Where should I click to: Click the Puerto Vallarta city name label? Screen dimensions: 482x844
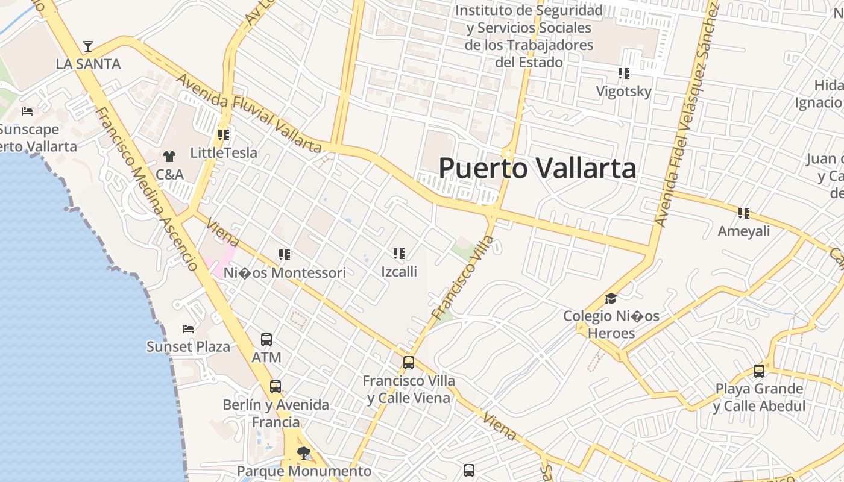pyautogui.click(x=537, y=168)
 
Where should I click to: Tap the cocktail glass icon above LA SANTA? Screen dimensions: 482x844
pyautogui.click(x=88, y=46)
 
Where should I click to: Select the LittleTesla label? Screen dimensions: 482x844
pyautogui.click(x=224, y=152)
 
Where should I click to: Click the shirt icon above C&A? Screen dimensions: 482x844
pyautogui.click(x=169, y=157)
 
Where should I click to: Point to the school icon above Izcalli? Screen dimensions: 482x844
pyautogui.click(x=398, y=254)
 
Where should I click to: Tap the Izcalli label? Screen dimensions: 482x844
pyautogui.click(x=399, y=271)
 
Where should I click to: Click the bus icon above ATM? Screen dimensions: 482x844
pyautogui.click(x=266, y=340)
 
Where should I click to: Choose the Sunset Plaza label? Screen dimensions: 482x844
pyautogui.click(x=188, y=346)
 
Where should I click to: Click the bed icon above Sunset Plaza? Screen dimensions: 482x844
pyautogui.click(x=188, y=329)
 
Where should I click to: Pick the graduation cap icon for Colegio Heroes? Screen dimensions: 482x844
pyautogui.click(x=611, y=299)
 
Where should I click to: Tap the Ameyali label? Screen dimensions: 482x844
pyautogui.click(x=743, y=231)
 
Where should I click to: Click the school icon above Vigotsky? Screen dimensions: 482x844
pyautogui.click(x=623, y=74)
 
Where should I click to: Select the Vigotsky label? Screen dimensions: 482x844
pyautogui.click(x=623, y=92)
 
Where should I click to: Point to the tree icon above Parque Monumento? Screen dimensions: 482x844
pyautogui.click(x=304, y=452)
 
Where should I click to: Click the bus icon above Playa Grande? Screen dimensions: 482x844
pyautogui.click(x=759, y=371)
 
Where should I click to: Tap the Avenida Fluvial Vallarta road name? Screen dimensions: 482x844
pyautogui.click(x=248, y=113)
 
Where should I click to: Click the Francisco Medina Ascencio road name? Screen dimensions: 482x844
pyautogui.click(x=146, y=189)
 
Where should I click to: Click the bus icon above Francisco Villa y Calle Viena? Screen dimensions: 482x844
pyautogui.click(x=409, y=363)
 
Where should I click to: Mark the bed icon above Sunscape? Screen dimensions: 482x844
pyautogui.click(x=27, y=111)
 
